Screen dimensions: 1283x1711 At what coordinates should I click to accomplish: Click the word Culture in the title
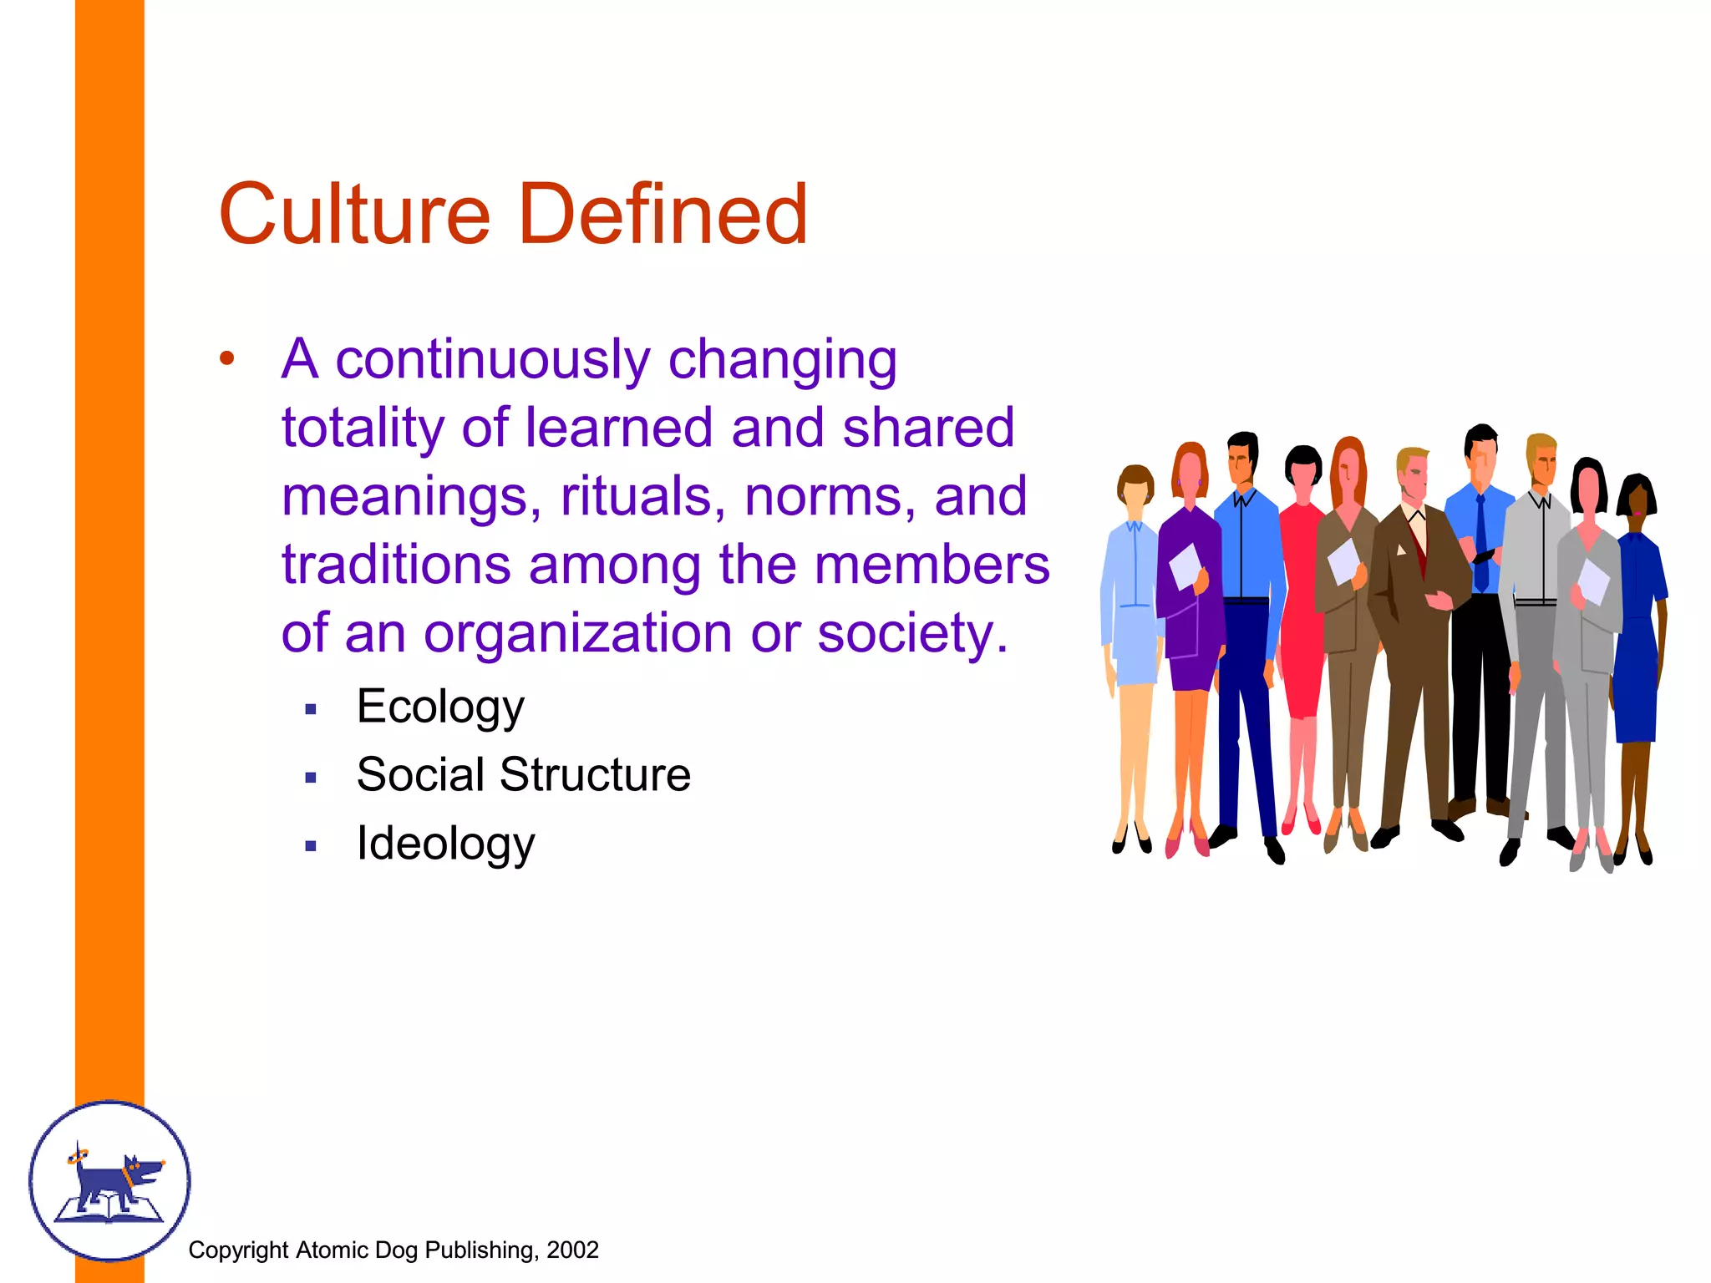pos(354,215)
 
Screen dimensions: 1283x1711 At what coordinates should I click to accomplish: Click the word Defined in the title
pos(663,215)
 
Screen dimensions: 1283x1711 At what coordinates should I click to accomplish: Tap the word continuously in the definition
pos(492,361)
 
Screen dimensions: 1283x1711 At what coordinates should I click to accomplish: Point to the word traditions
pos(395,565)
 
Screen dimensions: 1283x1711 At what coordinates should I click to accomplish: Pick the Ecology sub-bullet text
pos(440,707)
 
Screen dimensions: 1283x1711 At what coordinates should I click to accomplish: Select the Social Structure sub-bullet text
pos(523,774)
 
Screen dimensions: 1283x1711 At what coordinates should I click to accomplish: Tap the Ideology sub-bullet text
pos(445,844)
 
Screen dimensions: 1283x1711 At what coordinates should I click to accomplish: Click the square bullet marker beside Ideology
pos(311,846)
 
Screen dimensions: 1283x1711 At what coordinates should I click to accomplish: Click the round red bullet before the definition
pos(227,359)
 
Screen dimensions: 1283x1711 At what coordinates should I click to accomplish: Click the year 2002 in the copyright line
pos(572,1250)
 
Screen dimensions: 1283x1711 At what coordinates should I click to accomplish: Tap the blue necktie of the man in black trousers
pos(1481,543)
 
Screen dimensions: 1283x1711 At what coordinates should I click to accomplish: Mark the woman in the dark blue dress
pos(1637,635)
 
